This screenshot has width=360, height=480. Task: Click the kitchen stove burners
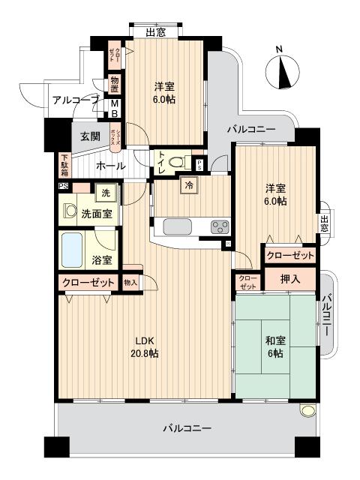[x=219, y=226]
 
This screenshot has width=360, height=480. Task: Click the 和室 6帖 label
[x=274, y=346]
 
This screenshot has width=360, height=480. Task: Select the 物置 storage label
[x=115, y=84]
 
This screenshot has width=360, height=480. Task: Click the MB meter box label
[x=115, y=109]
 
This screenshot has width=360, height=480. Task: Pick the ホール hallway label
[x=111, y=166]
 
